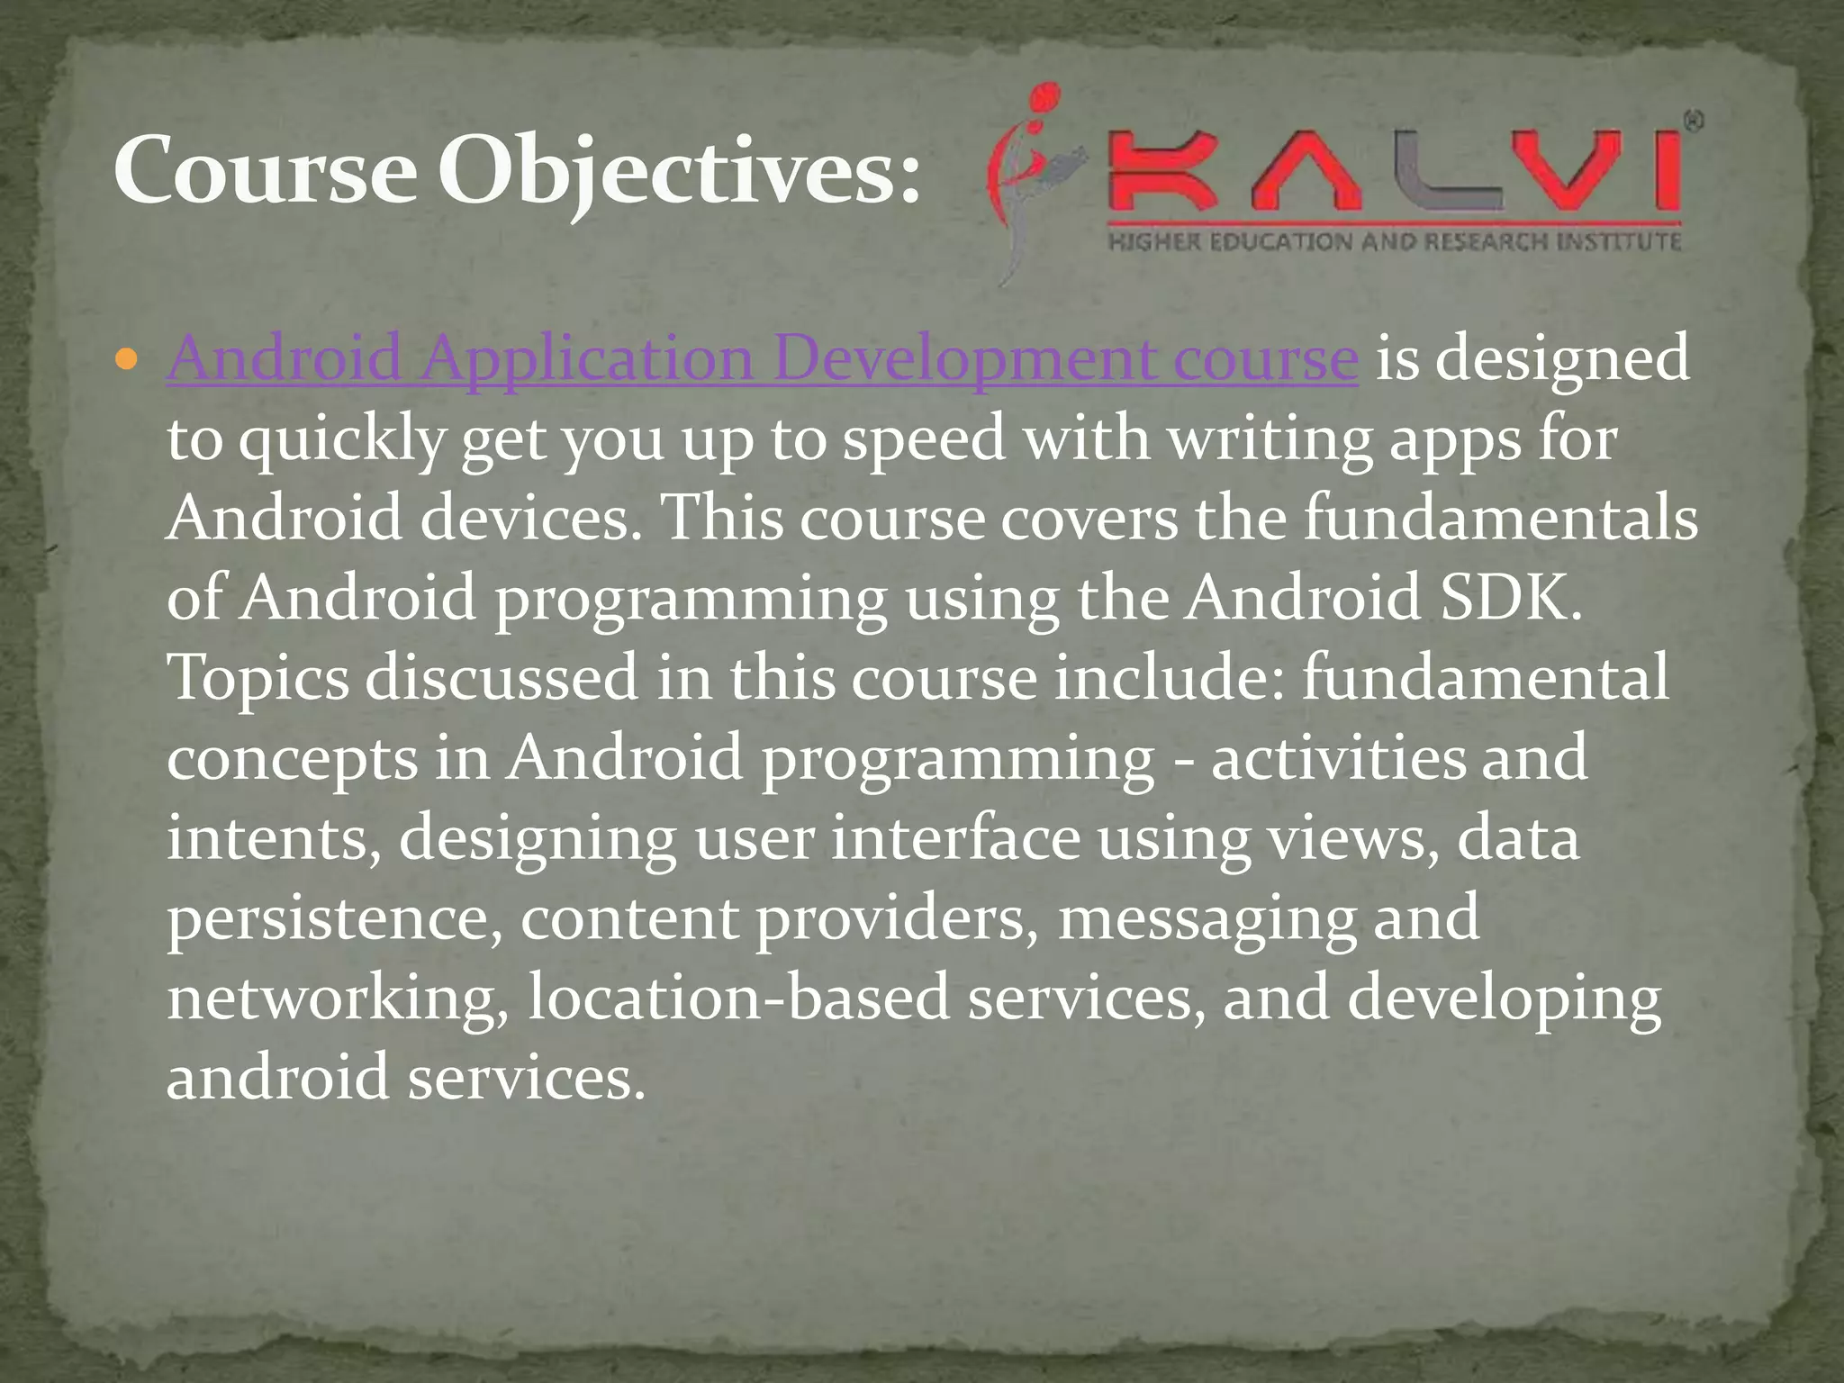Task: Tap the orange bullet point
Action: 127,361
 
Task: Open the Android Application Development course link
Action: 762,359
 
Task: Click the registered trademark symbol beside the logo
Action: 1693,123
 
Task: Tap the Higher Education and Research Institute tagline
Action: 1394,241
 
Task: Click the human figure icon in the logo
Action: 1026,176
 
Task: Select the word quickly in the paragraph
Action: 342,440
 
